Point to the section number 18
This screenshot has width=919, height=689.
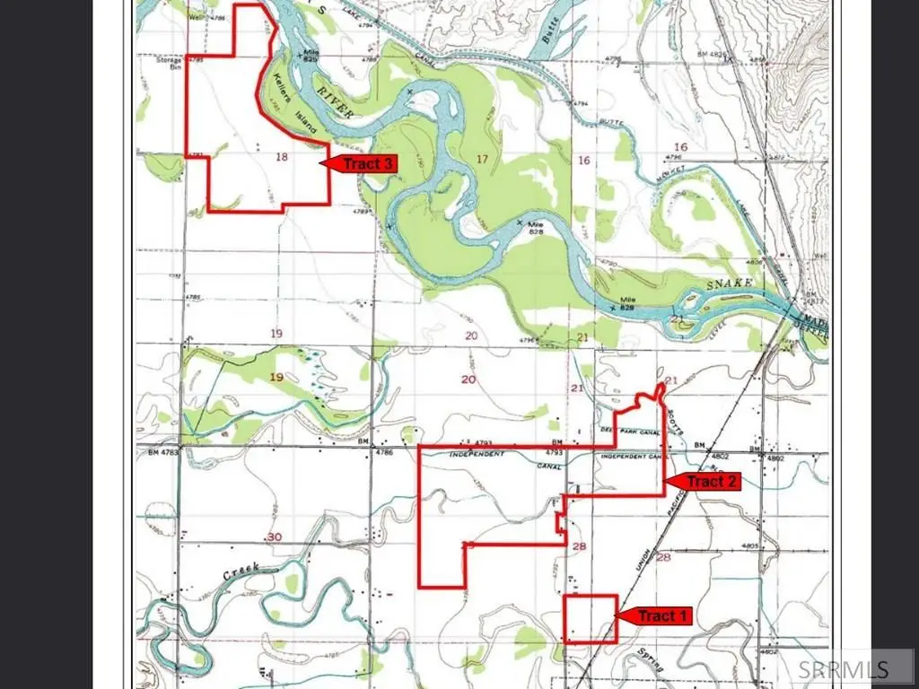tap(282, 157)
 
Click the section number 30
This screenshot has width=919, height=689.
tap(274, 536)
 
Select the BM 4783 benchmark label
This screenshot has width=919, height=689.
tap(163, 453)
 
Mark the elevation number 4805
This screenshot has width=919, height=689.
tap(750, 546)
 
